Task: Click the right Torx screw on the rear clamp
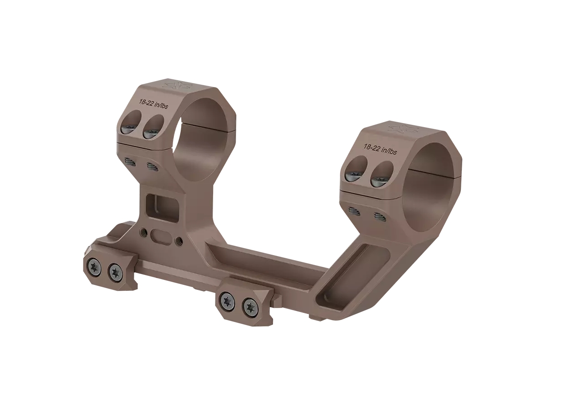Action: pyautogui.click(x=116, y=271)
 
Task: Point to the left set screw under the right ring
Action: pyautogui.click(x=355, y=211)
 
